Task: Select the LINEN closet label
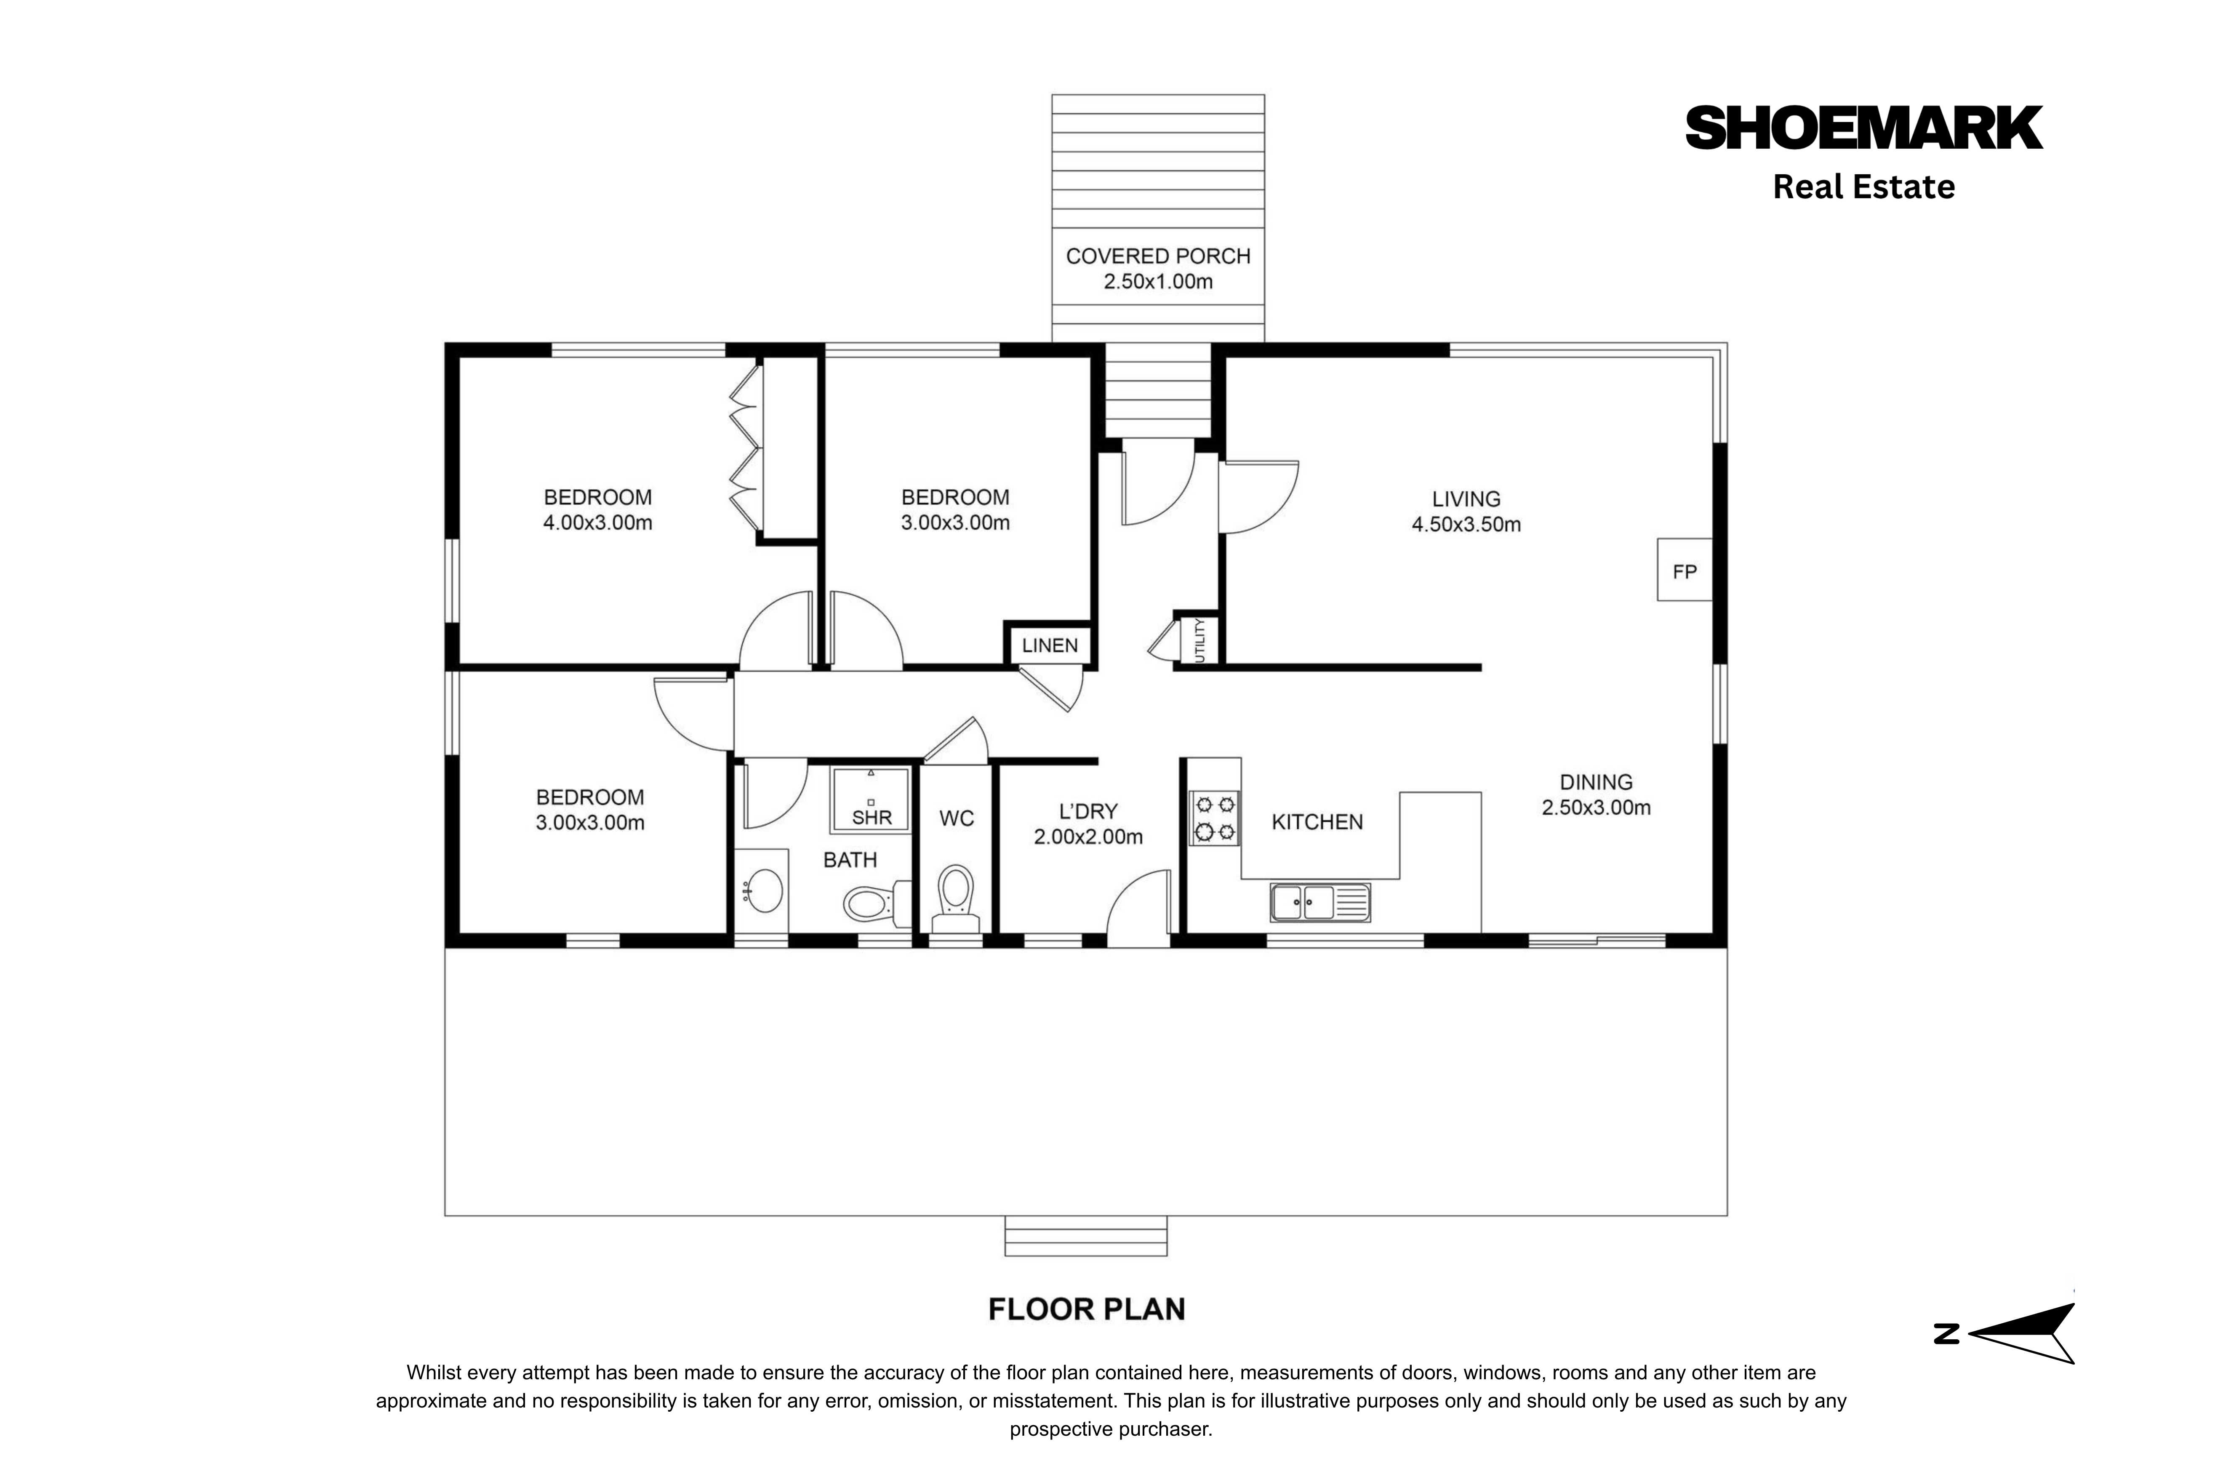pyautogui.click(x=1049, y=645)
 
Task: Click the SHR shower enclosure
pyautogui.click(x=871, y=800)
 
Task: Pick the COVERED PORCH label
pyautogui.click(x=1158, y=256)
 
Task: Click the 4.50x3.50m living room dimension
pyautogui.click(x=1466, y=525)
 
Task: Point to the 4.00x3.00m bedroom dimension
pyautogui.click(x=597, y=522)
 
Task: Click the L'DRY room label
pyautogui.click(x=1088, y=811)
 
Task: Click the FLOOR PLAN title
pyautogui.click(x=1086, y=1309)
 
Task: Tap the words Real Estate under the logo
pyautogui.click(x=1863, y=187)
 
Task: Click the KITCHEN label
pyautogui.click(x=1317, y=822)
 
